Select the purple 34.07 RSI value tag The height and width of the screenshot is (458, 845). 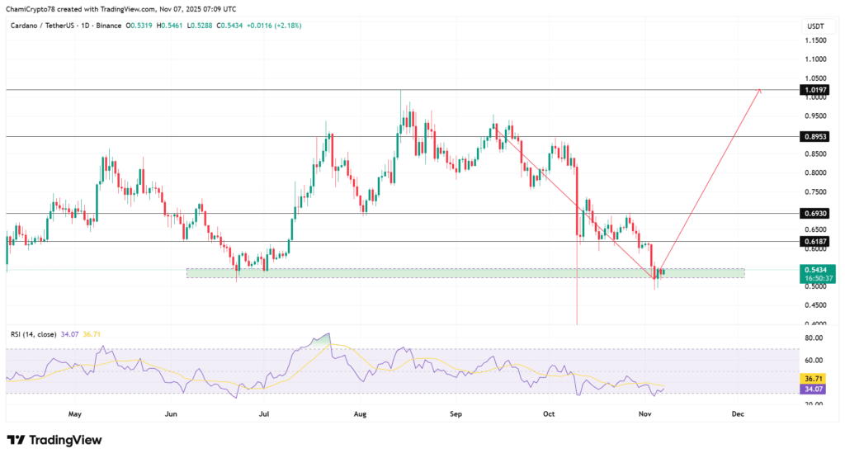[814, 386]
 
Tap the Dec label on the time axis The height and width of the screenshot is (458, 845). [737, 413]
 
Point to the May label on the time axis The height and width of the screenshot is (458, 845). [76, 413]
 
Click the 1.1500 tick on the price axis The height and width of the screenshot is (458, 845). [815, 40]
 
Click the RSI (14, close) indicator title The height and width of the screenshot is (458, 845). [33, 334]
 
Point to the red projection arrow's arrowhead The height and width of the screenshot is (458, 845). [760, 90]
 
